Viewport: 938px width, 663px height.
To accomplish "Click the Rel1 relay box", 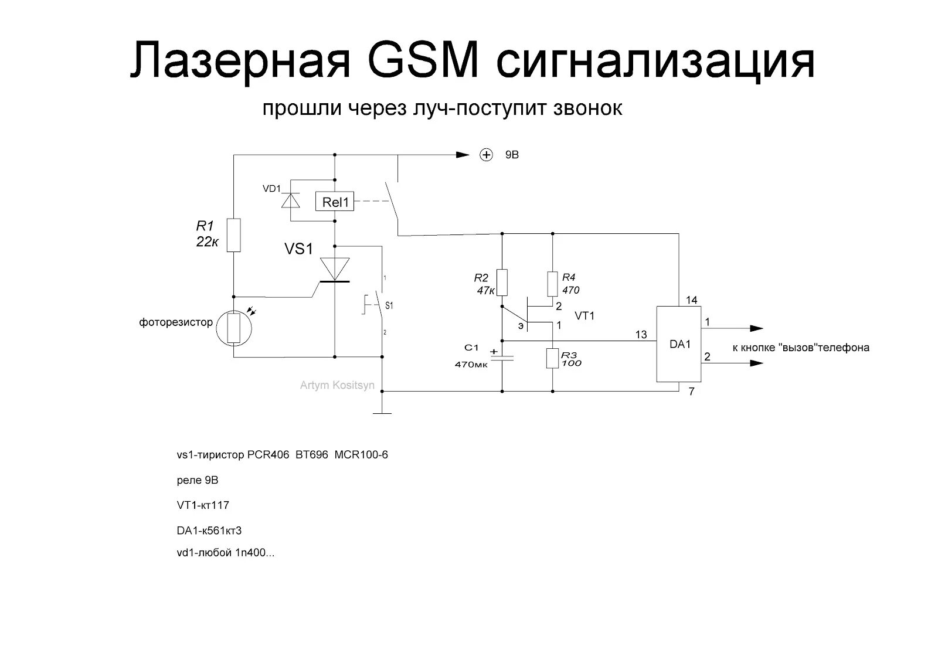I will [x=335, y=202].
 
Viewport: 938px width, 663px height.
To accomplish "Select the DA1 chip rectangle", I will [x=679, y=344].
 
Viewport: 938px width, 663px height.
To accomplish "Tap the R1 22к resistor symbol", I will [x=233, y=235].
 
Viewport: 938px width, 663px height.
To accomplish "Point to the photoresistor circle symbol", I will [x=233, y=329].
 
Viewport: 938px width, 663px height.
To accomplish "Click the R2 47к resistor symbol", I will [x=502, y=283].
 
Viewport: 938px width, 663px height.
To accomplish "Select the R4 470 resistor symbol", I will [x=552, y=284].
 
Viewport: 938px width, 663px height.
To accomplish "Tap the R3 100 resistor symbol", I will [x=552, y=358].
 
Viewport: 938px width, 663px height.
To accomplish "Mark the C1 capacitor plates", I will [x=502, y=358].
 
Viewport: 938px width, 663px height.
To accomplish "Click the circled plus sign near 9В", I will [x=486, y=155].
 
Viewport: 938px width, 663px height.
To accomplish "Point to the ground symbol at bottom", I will [x=382, y=413].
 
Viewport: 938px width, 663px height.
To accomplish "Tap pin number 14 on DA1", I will [x=692, y=300].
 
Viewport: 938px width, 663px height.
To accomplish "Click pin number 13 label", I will [x=641, y=335].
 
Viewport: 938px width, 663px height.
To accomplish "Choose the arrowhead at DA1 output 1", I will [x=756, y=328].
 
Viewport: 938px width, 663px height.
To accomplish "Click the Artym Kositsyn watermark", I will [x=337, y=385].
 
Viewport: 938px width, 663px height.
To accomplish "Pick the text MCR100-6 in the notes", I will [x=361, y=455].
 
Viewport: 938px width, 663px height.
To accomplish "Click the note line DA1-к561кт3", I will [x=209, y=531].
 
